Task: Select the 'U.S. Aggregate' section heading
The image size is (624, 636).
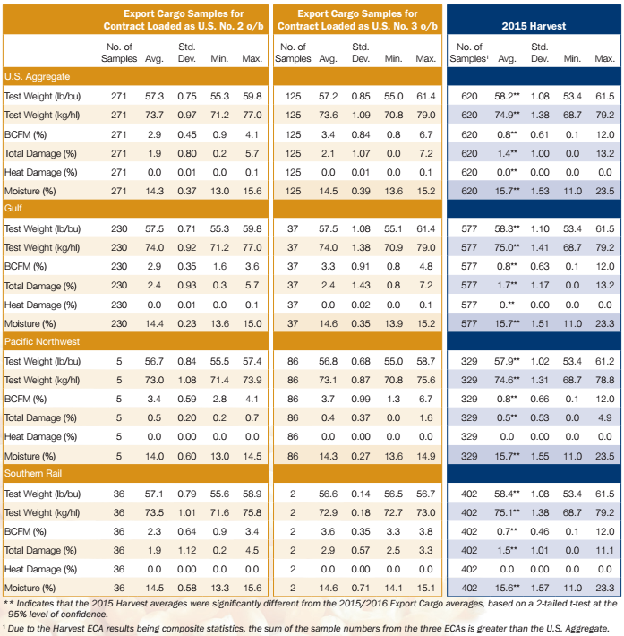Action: tap(38, 76)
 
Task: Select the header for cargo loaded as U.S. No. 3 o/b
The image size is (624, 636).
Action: tap(356, 21)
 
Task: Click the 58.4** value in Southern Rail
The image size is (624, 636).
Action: tap(508, 494)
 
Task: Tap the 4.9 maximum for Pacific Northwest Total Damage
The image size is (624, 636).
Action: tap(604, 417)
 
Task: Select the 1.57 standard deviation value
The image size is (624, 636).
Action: tap(540, 587)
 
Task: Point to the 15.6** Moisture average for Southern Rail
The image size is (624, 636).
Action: tap(508, 587)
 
